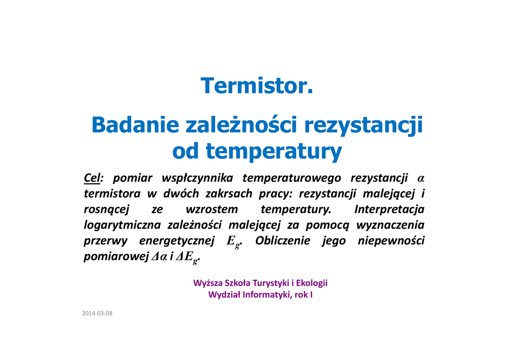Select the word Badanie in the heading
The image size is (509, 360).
point(135,125)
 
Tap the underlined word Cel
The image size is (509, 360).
point(92,178)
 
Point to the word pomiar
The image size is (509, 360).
point(132,179)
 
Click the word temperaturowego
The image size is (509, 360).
point(292,178)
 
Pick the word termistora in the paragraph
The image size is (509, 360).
point(112,194)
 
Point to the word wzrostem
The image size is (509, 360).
point(212,209)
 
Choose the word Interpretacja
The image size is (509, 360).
point(389,209)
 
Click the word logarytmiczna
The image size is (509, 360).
point(122,225)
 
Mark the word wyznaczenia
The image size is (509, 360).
point(390,225)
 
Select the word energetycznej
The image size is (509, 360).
point(176,241)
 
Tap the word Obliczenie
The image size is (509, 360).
point(282,241)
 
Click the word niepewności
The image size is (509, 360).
point(391,241)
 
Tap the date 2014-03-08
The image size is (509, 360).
point(97,313)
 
